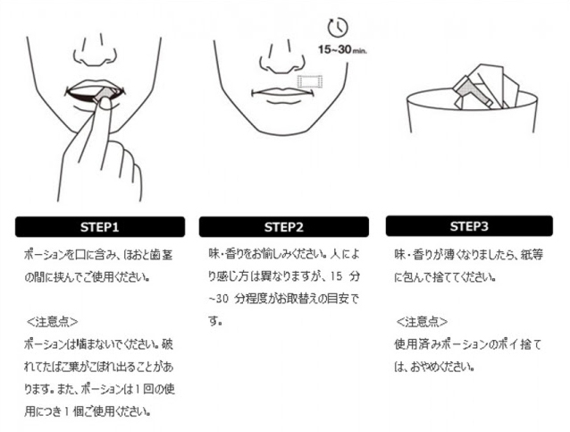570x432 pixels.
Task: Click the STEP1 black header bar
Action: pos(100,227)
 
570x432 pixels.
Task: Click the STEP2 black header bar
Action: pos(284,227)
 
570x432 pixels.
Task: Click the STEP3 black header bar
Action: pos(469,226)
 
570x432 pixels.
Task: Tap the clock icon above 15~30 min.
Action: pos(338,27)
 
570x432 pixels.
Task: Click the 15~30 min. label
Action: pos(342,49)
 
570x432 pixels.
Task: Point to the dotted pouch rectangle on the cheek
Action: pos(310,81)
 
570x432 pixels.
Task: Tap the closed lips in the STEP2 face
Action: pos(281,94)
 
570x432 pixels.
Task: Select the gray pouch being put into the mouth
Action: pos(105,94)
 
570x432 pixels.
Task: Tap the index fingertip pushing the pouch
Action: pos(105,105)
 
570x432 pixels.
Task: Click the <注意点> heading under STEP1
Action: pos(53,322)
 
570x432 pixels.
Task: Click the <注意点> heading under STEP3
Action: pos(422,322)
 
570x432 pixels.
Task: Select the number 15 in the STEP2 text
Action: pos(337,276)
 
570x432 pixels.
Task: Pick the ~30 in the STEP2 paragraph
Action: pos(219,299)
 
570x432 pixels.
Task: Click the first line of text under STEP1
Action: pos(98,254)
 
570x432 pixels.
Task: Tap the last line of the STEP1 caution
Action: pos(88,411)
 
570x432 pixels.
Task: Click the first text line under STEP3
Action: pos(469,254)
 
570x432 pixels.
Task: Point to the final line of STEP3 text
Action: pos(435,367)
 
